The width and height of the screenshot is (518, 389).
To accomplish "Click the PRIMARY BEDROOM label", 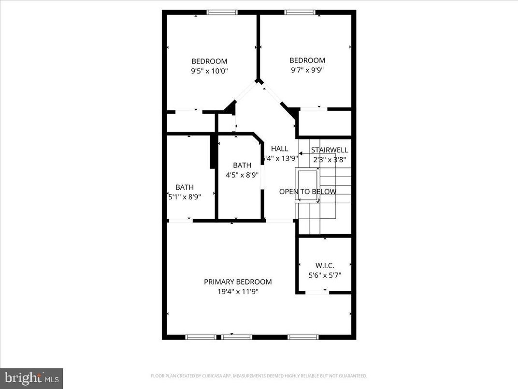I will click(237, 282).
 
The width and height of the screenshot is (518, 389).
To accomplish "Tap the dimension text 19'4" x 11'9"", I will click(237, 291).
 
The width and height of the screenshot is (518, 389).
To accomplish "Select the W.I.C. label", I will click(325, 265).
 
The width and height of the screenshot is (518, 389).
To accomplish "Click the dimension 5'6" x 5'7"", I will click(325, 275).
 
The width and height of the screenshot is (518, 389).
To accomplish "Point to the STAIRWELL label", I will click(329, 150).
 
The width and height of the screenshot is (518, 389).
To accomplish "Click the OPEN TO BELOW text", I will click(307, 192).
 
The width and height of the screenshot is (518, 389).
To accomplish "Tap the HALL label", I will click(279, 149).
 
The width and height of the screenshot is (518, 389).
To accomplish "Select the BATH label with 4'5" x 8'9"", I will click(242, 165).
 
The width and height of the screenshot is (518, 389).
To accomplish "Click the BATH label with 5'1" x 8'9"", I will click(185, 187).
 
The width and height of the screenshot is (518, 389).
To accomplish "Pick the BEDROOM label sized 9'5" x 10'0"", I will click(209, 61).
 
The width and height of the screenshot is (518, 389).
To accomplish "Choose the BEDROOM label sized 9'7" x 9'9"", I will click(307, 60).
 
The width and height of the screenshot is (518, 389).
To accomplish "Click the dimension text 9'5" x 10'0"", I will click(209, 71).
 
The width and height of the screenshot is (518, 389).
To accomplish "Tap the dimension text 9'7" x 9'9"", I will click(307, 70).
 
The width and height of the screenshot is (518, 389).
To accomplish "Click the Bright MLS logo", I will click(31, 378).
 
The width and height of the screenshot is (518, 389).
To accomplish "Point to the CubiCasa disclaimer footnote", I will click(259, 376).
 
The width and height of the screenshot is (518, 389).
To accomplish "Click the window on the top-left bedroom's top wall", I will click(222, 13).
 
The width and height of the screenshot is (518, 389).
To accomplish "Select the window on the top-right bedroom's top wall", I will click(300, 13).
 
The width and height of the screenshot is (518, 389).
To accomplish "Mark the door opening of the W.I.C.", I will click(317, 292).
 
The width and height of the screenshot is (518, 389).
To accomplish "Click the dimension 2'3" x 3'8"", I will click(329, 159).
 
